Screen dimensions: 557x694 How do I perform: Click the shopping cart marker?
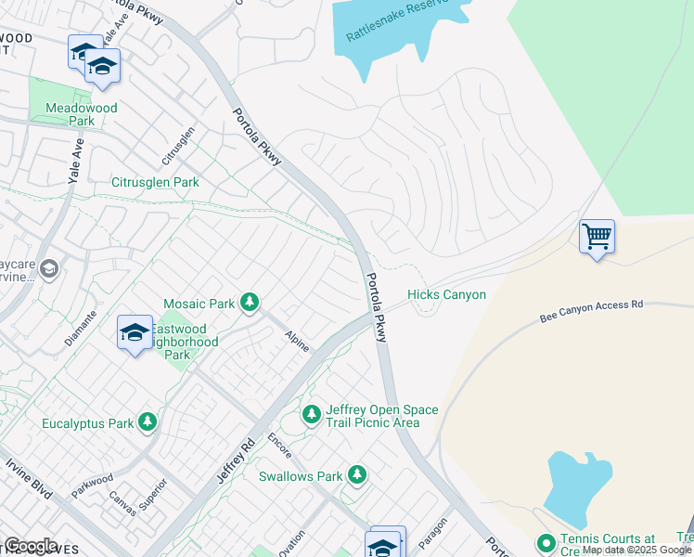[597, 236]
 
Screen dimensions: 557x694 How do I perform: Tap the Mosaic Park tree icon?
[249, 302]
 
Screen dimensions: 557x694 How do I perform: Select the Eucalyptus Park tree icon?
[147, 423]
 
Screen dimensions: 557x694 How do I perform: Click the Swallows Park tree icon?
[356, 476]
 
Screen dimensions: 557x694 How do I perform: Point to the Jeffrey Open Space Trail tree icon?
[312, 413]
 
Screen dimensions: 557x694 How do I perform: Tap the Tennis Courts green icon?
[546, 542]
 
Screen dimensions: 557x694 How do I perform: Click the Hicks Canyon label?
[446, 295]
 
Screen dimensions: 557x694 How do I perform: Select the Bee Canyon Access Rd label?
[592, 311]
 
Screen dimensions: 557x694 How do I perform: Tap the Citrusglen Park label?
[155, 183]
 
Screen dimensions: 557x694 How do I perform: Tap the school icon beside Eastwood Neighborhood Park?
[135, 332]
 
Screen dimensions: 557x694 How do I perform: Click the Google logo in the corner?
[31, 546]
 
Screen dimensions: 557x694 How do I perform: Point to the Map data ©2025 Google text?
[636, 551]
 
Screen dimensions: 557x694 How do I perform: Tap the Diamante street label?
[82, 327]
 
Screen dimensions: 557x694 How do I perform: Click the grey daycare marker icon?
[49, 269]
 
